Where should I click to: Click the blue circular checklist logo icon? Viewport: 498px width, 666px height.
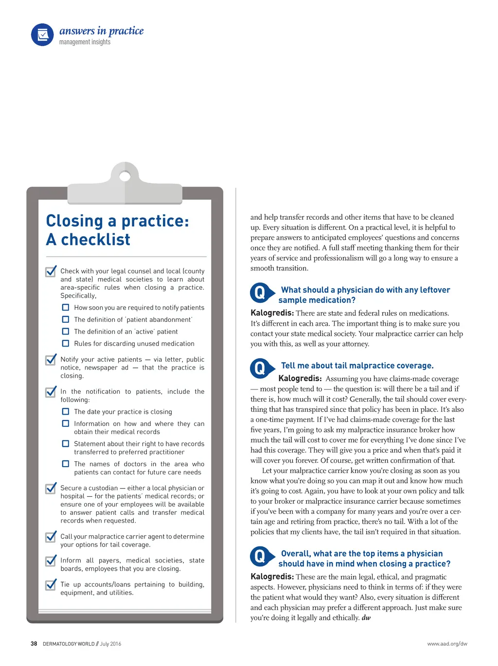click(x=42, y=35)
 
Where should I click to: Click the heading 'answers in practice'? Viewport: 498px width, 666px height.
click(x=101, y=31)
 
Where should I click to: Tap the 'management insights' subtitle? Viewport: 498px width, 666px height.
click(x=85, y=42)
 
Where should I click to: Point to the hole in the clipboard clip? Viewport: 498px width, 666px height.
click(x=125, y=176)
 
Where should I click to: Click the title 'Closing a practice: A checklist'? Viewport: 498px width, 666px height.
click(x=117, y=230)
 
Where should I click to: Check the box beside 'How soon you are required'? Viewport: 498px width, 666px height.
click(x=66, y=307)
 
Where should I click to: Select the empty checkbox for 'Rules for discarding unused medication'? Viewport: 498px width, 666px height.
click(x=66, y=343)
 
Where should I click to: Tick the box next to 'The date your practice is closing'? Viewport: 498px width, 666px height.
click(x=66, y=411)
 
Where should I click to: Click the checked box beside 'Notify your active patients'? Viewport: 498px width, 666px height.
click(x=51, y=360)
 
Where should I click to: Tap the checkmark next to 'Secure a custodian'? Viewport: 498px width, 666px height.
click(x=51, y=489)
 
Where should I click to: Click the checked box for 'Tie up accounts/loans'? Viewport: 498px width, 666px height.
click(x=51, y=585)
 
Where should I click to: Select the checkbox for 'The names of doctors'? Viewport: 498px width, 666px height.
click(x=66, y=464)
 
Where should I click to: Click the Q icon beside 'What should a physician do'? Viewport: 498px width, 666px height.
click(x=260, y=293)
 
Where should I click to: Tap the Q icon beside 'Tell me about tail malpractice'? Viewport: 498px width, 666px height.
click(x=260, y=368)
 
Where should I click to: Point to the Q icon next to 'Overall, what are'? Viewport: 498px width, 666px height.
click(x=260, y=556)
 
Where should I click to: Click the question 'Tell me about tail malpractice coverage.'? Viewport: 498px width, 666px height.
click(x=357, y=366)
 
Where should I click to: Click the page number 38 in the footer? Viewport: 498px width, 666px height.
click(x=34, y=644)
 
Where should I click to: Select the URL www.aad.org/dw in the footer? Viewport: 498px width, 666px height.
click(x=447, y=644)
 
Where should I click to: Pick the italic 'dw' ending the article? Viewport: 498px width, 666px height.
click(x=366, y=618)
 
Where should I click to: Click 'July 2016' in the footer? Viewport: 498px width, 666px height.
click(x=110, y=644)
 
